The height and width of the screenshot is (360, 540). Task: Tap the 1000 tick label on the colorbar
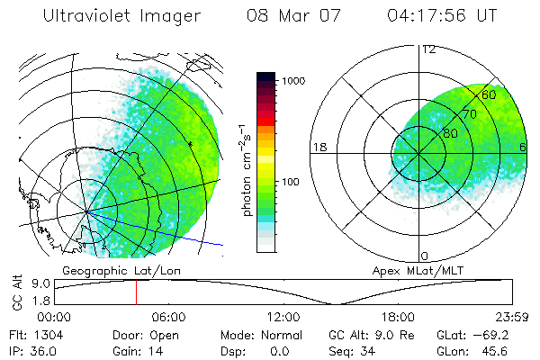[x=297, y=81]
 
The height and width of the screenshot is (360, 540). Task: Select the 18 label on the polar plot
[x=318, y=147]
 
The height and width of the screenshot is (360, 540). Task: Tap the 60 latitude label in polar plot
[x=490, y=94]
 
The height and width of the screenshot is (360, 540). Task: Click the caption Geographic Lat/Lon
[x=108, y=270]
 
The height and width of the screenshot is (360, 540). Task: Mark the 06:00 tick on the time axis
[x=168, y=317]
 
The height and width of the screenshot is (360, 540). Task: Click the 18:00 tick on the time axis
[x=398, y=317]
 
